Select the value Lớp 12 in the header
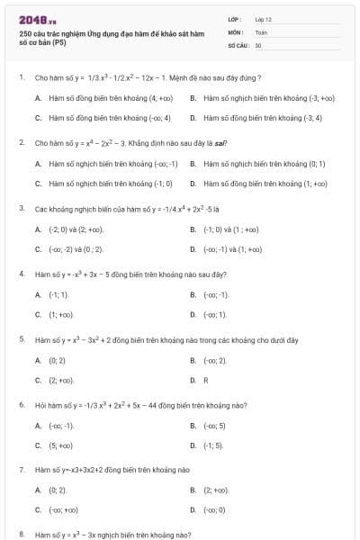(x=263, y=18)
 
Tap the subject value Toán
(x=261, y=31)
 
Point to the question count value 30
(x=258, y=44)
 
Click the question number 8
(x=21, y=535)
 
